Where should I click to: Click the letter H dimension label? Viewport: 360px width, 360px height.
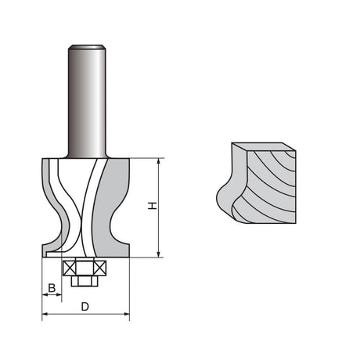click(x=154, y=207)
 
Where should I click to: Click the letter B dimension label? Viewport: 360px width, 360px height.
click(x=52, y=289)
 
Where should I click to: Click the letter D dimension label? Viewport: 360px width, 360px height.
click(x=85, y=307)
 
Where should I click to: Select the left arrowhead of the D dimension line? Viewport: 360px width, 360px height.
click(x=45, y=315)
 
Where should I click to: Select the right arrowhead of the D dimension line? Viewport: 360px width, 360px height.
click(x=127, y=315)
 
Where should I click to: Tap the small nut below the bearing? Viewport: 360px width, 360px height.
click(x=85, y=280)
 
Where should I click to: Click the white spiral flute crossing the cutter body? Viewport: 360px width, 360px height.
click(x=93, y=203)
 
